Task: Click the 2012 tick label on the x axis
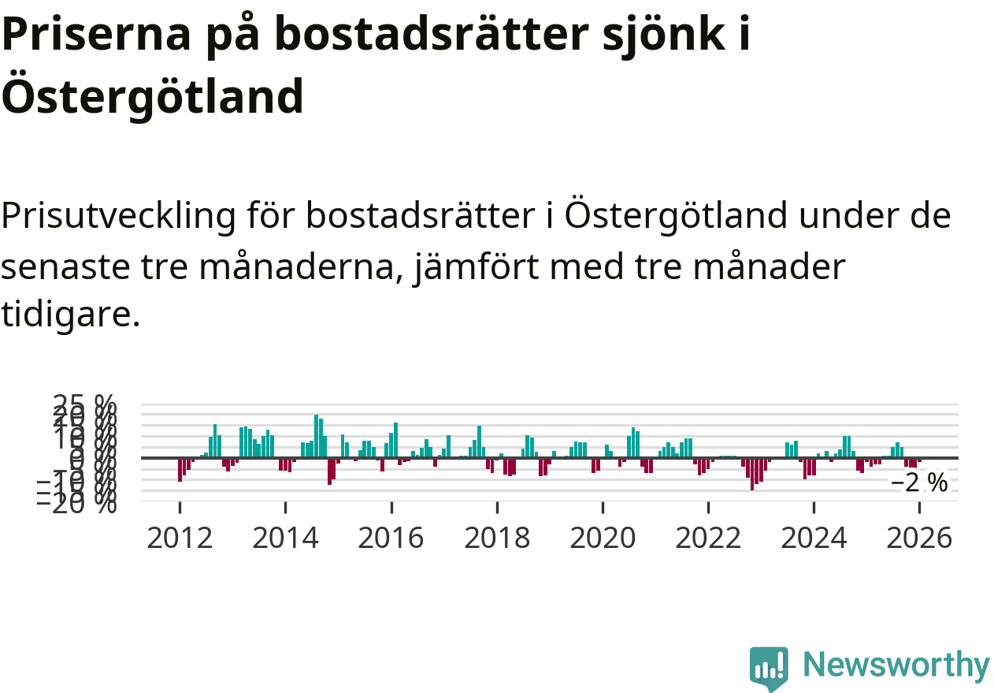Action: pos(180,538)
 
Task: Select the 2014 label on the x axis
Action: pos(285,538)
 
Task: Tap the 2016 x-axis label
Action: pos(391,538)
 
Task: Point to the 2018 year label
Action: pos(497,538)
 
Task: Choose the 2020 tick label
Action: pos(603,538)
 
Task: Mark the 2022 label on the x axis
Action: pos(708,538)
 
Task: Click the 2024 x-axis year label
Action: pos(814,538)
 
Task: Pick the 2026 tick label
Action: pos(919,538)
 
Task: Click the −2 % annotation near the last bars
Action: pos(919,482)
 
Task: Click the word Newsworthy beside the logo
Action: pos(896,665)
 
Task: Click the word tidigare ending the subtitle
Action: pos(71,315)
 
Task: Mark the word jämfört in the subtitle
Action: pos(506,267)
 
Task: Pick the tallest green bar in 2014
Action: pos(317,436)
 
